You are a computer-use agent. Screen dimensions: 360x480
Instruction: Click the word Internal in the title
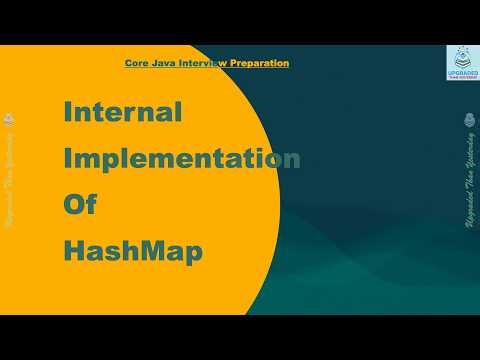tap(122, 112)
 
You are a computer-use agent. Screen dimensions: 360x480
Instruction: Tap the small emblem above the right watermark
tap(469, 121)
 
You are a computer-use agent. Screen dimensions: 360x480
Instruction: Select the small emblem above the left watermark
tap(9, 121)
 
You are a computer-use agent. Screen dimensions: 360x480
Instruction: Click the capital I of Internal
tap(68, 112)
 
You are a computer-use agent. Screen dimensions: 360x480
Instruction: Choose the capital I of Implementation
tap(68, 159)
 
